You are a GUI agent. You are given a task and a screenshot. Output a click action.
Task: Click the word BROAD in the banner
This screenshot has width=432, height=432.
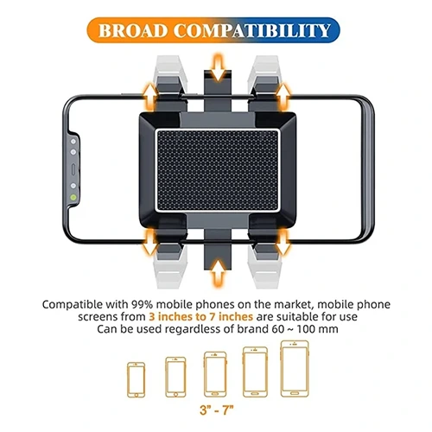[x=133, y=30]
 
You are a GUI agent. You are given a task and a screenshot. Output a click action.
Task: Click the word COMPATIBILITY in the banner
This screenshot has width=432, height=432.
[x=251, y=30]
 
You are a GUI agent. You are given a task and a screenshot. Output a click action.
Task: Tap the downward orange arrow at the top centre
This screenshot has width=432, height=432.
[x=219, y=67]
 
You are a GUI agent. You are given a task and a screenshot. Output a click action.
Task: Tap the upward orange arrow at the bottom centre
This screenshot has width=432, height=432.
[x=219, y=273]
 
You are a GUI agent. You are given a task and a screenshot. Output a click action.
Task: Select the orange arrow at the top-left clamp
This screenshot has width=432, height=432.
[x=149, y=97]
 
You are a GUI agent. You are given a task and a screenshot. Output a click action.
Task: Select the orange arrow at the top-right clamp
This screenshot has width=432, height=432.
[x=283, y=97]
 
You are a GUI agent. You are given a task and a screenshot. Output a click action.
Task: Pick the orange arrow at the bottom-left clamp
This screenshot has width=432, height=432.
[x=149, y=242]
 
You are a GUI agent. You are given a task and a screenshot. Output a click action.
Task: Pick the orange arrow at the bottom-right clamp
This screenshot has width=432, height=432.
[x=283, y=242]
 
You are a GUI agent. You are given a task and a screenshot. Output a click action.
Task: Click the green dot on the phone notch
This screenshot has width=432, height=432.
[x=73, y=198]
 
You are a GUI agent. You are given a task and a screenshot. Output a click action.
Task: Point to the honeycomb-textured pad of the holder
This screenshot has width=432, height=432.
[x=217, y=170]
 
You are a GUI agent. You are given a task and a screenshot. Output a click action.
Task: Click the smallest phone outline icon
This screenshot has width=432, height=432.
[x=136, y=379]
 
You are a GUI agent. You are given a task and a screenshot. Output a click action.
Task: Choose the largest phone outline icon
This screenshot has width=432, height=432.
[x=295, y=369]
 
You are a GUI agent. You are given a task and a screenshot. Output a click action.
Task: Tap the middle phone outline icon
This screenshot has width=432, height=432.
[x=215, y=374]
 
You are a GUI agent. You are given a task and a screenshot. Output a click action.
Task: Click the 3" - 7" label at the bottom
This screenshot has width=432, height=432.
[x=217, y=410]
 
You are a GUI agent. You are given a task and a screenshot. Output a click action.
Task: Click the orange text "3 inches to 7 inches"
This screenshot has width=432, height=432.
[x=201, y=317]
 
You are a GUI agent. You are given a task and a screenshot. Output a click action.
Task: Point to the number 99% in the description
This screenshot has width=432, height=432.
[x=142, y=304]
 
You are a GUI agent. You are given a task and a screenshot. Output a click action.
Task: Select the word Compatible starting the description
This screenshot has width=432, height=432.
[x=72, y=304]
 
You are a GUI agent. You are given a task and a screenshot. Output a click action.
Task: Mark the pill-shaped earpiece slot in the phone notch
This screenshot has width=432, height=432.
[x=73, y=169]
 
